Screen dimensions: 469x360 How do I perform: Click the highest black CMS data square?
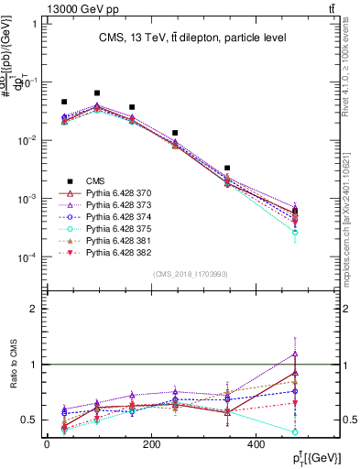coord(97,93)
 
